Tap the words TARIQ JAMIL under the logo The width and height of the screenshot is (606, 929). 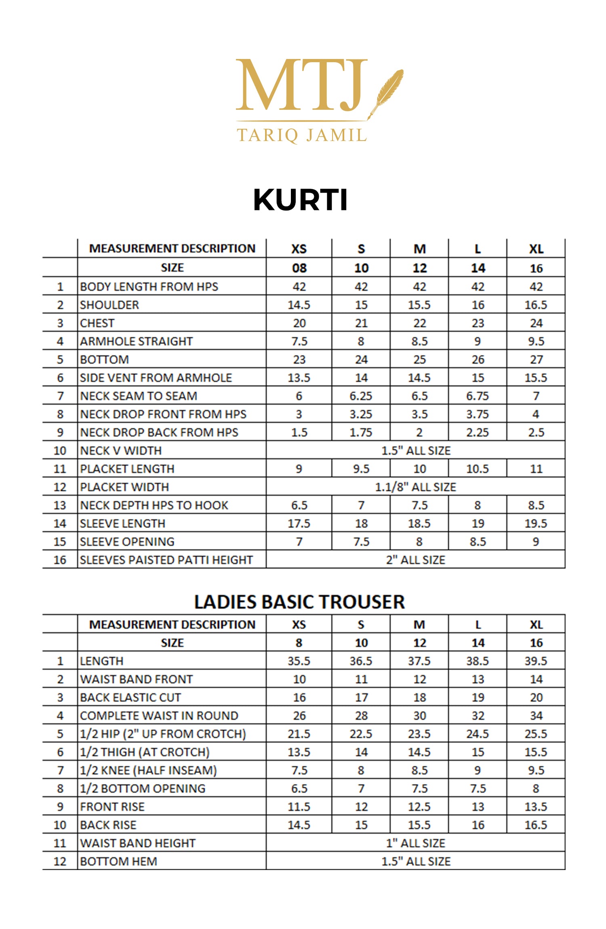pos(302,135)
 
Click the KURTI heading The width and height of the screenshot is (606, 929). pos(300,200)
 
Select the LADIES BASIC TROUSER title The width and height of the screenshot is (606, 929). pos(299,602)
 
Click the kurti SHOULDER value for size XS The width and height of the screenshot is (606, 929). pos(299,305)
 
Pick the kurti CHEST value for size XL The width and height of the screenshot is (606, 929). pos(536,323)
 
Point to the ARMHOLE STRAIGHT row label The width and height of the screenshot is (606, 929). pos(137,341)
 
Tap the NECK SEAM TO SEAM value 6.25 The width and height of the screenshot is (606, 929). pos(361,396)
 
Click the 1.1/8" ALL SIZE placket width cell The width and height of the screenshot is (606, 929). pos(415,487)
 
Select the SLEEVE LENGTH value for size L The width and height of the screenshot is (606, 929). pos(478,523)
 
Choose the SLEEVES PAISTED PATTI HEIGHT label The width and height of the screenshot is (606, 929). pos(166,560)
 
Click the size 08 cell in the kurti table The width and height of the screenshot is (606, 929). pos(299,268)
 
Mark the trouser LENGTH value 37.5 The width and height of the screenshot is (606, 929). pos(419,661)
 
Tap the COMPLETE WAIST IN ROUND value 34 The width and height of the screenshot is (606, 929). pos(536,716)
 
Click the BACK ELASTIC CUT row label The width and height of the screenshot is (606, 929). pos(130,698)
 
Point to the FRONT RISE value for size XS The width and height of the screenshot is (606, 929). pos(299,807)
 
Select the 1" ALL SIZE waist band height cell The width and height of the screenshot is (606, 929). pos(415,843)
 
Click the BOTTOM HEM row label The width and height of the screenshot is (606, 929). pos(118,861)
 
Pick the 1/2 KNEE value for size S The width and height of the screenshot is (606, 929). pos(361,770)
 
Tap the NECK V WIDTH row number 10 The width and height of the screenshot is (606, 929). pos(60,451)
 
